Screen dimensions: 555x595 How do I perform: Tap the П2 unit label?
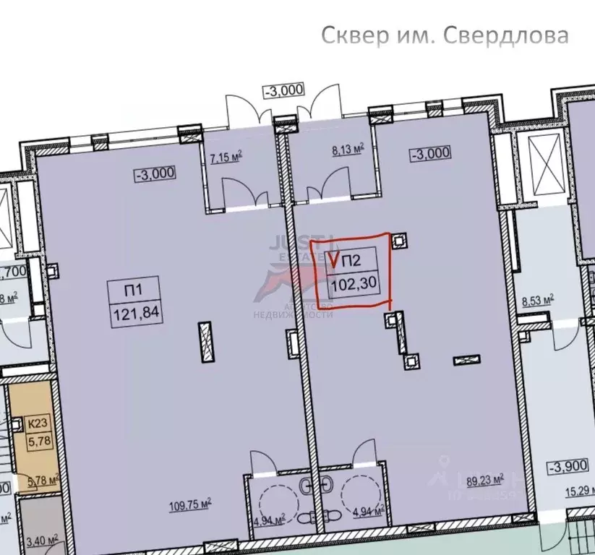(351, 261)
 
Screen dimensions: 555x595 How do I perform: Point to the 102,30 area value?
(352, 284)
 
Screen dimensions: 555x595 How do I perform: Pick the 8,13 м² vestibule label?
(347, 151)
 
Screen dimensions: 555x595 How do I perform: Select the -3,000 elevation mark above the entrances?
(283, 90)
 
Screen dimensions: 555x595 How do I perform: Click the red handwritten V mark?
(334, 257)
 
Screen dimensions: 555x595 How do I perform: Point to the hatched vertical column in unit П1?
(205, 341)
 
